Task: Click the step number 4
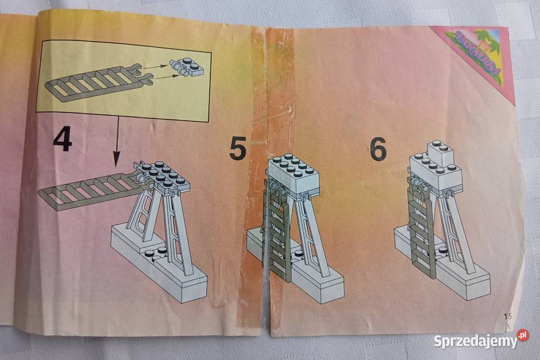tap(62, 139)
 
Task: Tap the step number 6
tap(378, 148)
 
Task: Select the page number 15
tap(508, 316)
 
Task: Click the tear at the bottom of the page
tap(265, 304)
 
